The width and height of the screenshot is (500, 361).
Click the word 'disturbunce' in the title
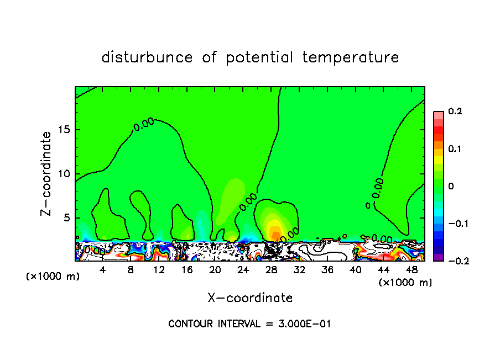[x=147, y=57]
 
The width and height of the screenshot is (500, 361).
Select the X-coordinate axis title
[x=250, y=298]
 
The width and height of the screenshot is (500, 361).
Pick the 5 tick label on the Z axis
[x=67, y=218]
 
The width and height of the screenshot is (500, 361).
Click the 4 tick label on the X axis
[x=103, y=270]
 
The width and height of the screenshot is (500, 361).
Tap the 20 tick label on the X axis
[x=215, y=270]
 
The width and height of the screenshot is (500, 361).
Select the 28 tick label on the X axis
[x=271, y=270]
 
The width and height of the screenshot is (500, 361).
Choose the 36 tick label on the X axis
[x=327, y=270]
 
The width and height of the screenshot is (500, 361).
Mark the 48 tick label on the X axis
[x=411, y=270]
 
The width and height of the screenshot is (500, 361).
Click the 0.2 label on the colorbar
[x=455, y=112]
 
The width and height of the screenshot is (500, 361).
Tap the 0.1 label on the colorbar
[x=455, y=149]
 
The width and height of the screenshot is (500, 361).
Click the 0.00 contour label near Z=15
[x=143, y=125]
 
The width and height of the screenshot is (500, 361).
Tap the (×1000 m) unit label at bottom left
[x=53, y=276]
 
